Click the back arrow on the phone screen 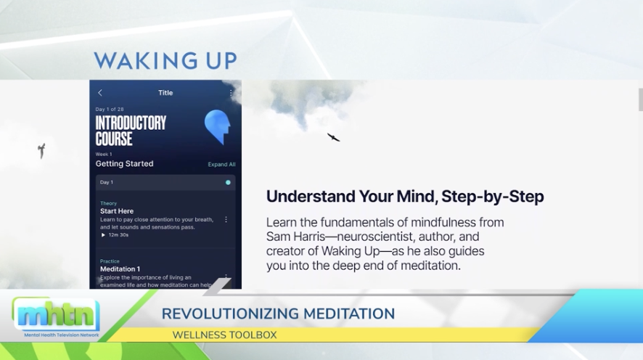pyautogui.click(x=100, y=93)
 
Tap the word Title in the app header pyautogui.click(x=165, y=93)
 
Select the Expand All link pyautogui.click(x=221, y=165)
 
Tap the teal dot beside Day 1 pyautogui.click(x=228, y=182)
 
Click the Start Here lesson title pyautogui.click(x=117, y=211)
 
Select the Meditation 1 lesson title pyautogui.click(x=120, y=269)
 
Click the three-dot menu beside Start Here pyautogui.click(x=226, y=219)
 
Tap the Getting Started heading pyautogui.click(x=124, y=164)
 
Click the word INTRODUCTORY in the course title pyautogui.click(x=131, y=123)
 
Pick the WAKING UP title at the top pyautogui.click(x=165, y=60)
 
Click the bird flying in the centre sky pyautogui.click(x=333, y=137)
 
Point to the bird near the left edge pyautogui.click(x=41, y=150)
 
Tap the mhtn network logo pyautogui.click(x=55, y=314)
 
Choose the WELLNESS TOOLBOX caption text pyautogui.click(x=224, y=335)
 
